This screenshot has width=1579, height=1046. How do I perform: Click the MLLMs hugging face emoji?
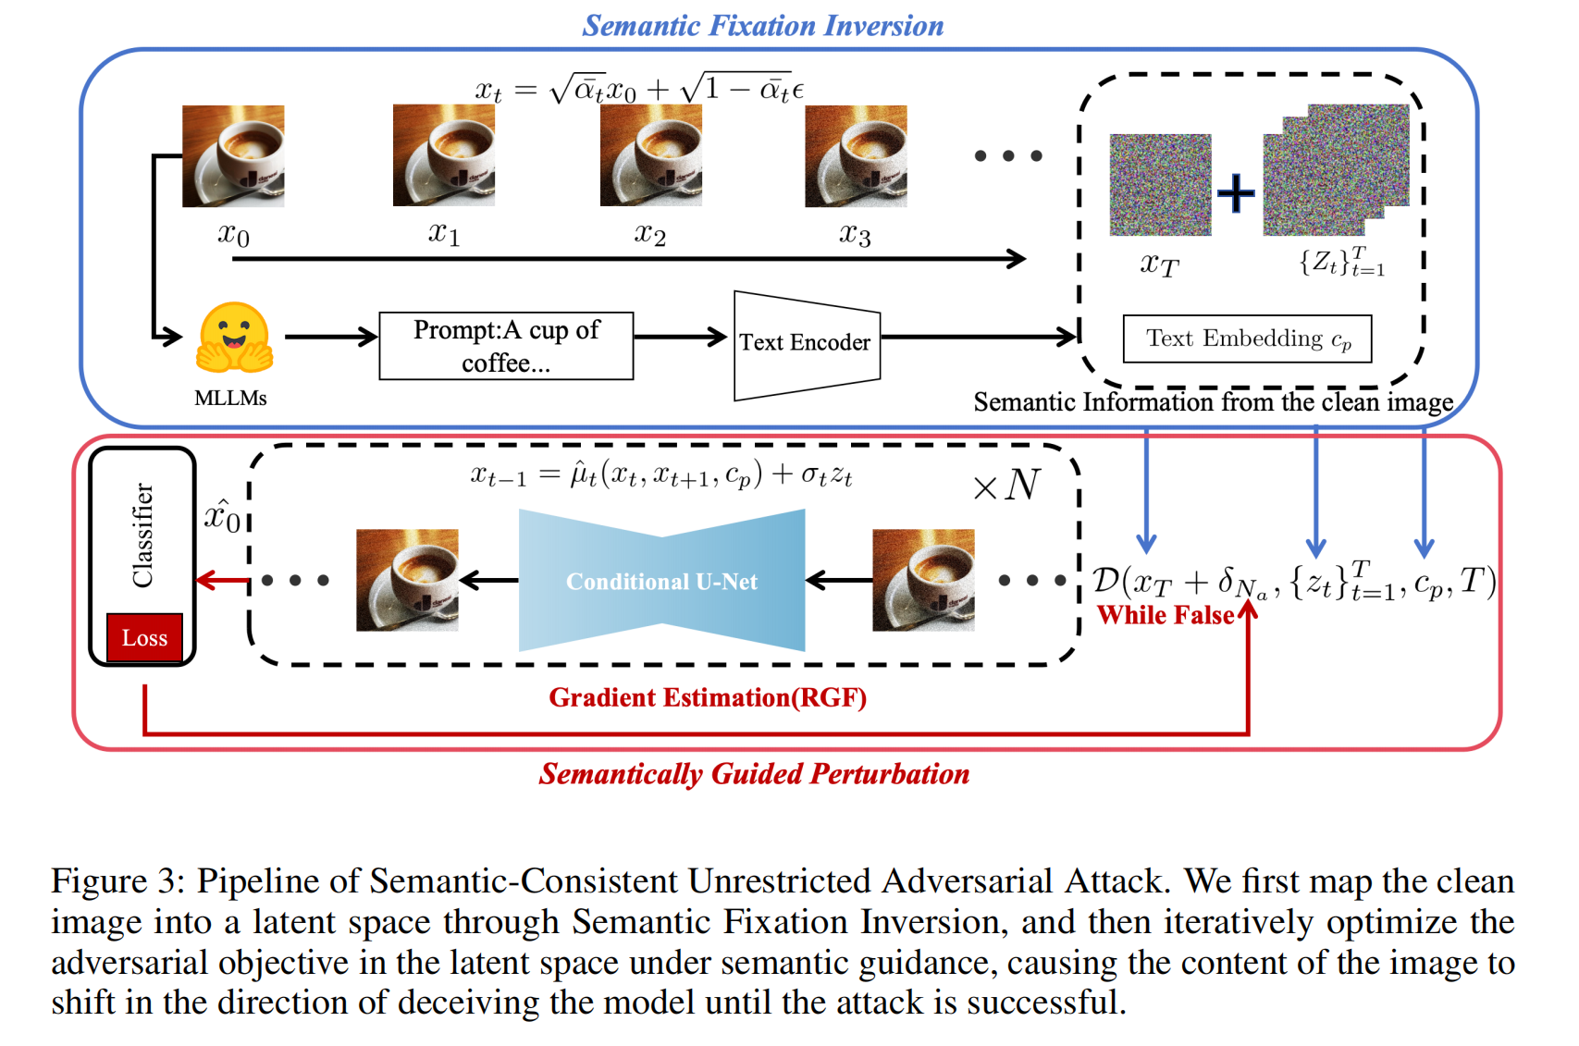tap(234, 339)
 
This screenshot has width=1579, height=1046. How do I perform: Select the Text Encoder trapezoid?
tap(806, 344)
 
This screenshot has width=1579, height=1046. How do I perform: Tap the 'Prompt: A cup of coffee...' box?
tap(506, 346)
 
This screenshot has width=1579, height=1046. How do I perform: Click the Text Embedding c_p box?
tap(1246, 339)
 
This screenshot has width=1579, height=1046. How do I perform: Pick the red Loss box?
tap(144, 638)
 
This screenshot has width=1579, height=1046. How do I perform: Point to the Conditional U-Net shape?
tap(661, 581)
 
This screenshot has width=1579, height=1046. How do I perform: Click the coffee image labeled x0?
tap(233, 155)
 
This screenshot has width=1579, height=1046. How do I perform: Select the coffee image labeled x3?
tap(856, 155)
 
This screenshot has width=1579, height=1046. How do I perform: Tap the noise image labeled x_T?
tap(1160, 185)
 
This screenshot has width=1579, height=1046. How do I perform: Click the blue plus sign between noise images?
tap(1236, 193)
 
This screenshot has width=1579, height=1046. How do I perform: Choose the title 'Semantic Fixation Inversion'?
tap(763, 26)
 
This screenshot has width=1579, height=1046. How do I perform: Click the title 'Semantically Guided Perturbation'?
tap(754, 774)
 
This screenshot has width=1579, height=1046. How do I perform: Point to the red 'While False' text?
tap(1165, 616)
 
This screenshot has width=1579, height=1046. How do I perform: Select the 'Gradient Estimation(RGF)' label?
tap(708, 697)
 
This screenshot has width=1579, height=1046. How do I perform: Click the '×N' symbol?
tap(1006, 485)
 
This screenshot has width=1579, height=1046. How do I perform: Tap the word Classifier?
tap(143, 535)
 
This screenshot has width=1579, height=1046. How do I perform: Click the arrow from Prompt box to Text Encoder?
tap(680, 337)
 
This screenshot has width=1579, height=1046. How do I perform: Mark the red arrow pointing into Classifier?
tap(222, 581)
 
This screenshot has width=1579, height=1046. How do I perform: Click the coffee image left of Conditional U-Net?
tap(407, 580)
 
